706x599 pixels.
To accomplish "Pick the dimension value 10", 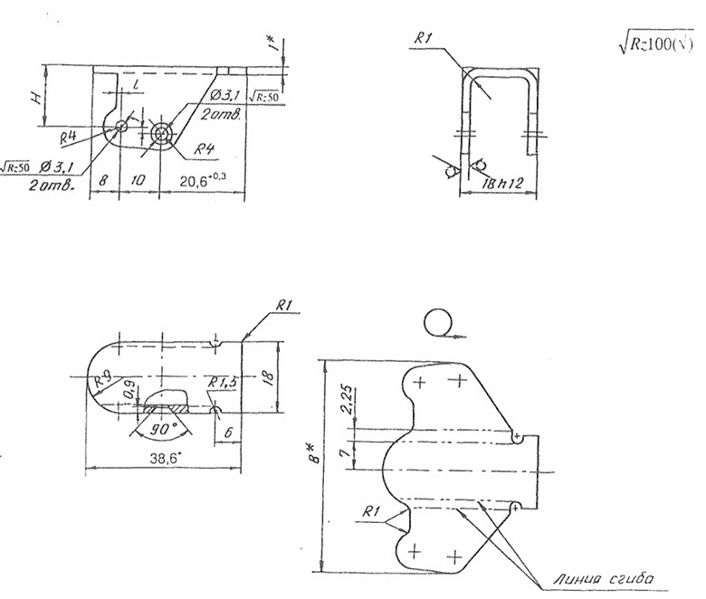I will [138, 181].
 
